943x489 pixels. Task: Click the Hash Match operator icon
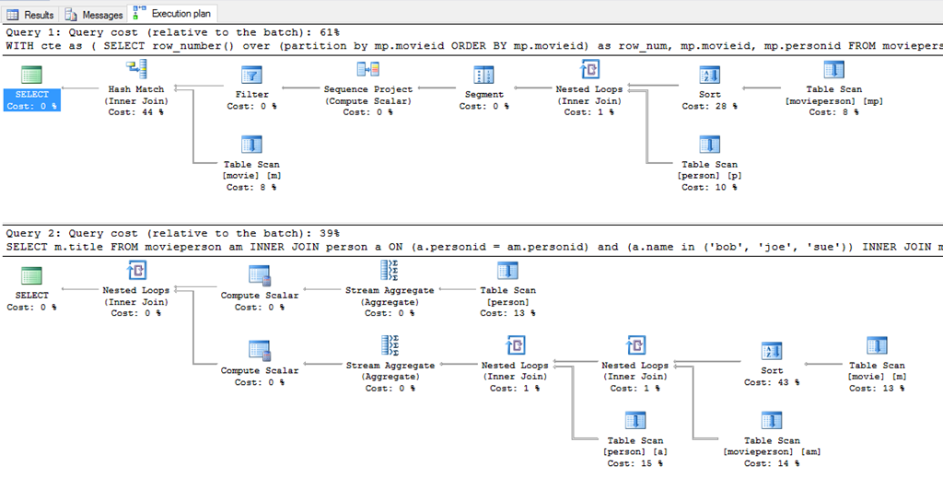[136, 70]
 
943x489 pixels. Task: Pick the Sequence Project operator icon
[367, 70]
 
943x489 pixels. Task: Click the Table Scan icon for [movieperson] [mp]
[833, 70]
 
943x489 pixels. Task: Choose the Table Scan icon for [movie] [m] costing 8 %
[251, 145]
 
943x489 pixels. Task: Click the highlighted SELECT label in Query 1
[32, 94]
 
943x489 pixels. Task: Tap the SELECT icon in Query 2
[32, 275]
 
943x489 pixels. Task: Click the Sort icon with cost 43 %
[771, 351]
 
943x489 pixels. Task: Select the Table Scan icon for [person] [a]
[633, 421]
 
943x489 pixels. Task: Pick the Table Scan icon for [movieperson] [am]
[771, 421]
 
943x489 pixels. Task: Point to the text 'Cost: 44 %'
[136, 112]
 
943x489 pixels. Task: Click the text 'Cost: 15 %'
[633, 463]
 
